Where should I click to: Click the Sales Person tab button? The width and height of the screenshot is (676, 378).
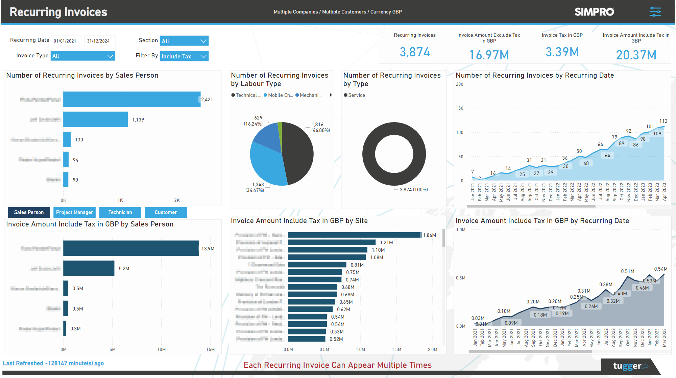point(29,212)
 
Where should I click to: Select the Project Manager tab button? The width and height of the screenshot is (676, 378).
point(74,212)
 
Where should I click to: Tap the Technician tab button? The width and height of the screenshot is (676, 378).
point(120,212)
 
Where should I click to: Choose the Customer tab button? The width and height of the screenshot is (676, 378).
point(166,212)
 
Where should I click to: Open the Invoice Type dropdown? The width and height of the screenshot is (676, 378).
point(83,56)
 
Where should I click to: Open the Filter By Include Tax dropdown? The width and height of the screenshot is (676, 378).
point(184,56)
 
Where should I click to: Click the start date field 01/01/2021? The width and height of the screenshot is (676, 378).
point(66,41)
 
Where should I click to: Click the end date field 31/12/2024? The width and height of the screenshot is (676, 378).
point(99,41)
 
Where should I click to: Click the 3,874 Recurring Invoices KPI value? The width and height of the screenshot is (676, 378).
point(415,52)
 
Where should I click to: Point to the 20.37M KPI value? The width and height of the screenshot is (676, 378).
point(636,55)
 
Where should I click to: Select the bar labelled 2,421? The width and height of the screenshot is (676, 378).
point(132,99)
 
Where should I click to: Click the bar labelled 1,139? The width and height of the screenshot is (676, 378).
point(95,119)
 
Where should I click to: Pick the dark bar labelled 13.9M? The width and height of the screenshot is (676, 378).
point(131,248)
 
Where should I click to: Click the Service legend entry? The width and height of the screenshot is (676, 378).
point(355,95)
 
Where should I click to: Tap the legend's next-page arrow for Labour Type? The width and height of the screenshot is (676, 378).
point(331,95)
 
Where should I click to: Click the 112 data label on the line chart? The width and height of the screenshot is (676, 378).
point(663,121)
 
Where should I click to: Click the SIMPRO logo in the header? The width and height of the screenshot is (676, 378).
point(594,12)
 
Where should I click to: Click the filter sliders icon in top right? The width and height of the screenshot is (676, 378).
point(655,12)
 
